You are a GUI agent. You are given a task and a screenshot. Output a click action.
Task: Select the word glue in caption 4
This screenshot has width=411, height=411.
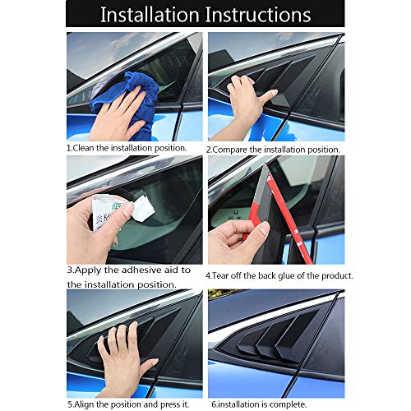tap(284, 276)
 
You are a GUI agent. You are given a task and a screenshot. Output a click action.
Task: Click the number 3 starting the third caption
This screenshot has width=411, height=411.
tap(69, 270)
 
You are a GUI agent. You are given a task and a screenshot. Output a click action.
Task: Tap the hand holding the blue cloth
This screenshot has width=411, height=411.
tap(115, 115)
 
